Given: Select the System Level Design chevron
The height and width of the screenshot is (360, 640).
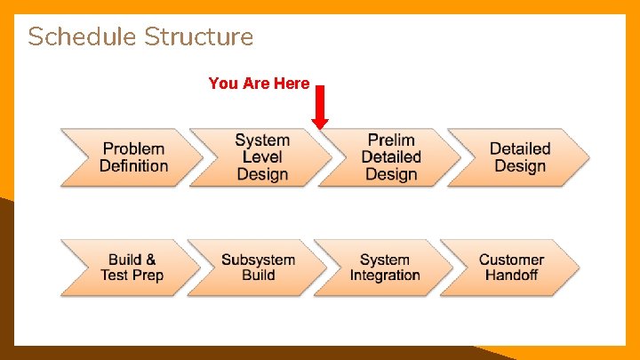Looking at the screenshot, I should click(x=260, y=157).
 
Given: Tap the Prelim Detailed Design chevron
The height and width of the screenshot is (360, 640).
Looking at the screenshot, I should click(x=390, y=157).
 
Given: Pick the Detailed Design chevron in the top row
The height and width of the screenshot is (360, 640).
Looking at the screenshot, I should click(x=519, y=157).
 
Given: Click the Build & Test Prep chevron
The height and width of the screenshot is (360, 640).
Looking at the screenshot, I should click(x=130, y=268).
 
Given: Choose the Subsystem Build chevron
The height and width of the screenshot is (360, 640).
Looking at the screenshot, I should click(x=257, y=268).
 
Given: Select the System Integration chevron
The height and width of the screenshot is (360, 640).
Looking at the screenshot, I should click(x=384, y=268).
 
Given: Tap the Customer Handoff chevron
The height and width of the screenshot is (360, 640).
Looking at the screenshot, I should click(x=510, y=268).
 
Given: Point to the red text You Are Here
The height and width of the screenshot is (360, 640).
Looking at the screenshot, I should click(x=259, y=84).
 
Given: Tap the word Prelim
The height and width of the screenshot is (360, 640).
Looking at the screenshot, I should click(x=391, y=140).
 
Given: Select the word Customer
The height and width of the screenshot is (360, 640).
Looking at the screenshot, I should click(x=511, y=260).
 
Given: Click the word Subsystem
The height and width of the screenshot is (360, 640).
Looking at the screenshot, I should click(x=258, y=260).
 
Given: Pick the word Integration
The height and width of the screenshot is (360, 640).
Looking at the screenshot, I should click(x=385, y=276).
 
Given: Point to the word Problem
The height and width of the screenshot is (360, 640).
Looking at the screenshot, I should click(x=133, y=149).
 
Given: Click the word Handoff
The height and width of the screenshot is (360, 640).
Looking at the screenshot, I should click(x=511, y=276).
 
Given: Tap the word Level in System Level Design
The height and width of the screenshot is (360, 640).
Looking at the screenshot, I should click(x=262, y=157).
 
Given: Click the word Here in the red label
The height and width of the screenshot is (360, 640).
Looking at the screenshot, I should click(x=292, y=84).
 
